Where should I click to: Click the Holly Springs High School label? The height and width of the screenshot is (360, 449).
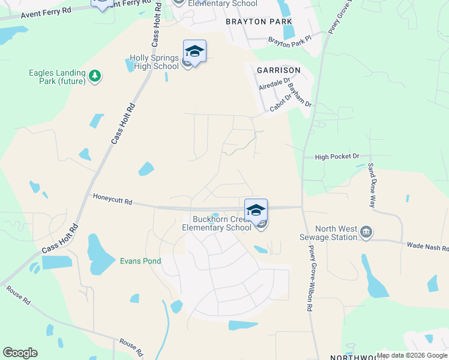pyautogui.click(x=154, y=62)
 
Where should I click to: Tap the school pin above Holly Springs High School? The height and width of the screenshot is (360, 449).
pyautogui.click(x=194, y=51)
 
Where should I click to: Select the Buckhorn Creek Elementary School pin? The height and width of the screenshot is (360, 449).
pyautogui.click(x=256, y=211)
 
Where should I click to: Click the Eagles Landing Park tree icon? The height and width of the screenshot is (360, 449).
pyautogui.click(x=94, y=76)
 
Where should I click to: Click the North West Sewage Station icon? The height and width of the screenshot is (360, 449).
pyautogui.click(x=367, y=232)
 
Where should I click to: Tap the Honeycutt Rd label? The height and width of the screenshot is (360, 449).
pyautogui.click(x=112, y=199)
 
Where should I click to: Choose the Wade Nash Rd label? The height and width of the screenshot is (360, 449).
pyautogui.click(x=428, y=246)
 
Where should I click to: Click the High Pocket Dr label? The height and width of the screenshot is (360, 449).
pyautogui.click(x=337, y=157)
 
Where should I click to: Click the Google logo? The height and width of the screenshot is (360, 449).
pyautogui.click(x=20, y=353)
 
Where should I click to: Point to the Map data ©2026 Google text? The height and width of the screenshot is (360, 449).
pyautogui.click(x=412, y=355)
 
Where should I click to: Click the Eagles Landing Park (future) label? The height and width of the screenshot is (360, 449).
pyautogui.click(x=58, y=77)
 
